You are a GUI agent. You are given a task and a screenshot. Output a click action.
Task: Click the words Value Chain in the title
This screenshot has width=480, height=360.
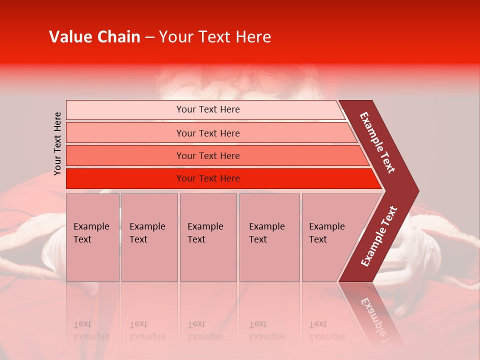(x=94, y=37)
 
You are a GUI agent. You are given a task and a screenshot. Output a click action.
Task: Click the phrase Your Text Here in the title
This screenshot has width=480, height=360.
(x=215, y=37)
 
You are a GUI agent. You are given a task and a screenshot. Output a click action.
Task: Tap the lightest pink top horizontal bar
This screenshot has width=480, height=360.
(x=205, y=109)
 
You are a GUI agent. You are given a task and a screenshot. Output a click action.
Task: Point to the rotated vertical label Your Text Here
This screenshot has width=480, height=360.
(x=57, y=143)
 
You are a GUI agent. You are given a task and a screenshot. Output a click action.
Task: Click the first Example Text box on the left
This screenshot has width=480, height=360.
(x=92, y=237)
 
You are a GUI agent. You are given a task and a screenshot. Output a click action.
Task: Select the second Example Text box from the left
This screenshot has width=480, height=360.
(x=149, y=237)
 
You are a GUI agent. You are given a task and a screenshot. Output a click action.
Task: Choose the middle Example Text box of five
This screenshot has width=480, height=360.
(x=208, y=237)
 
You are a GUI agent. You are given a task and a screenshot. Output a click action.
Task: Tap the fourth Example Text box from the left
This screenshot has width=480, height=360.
(x=269, y=237)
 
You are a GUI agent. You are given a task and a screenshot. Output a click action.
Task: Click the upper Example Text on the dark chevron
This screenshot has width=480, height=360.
(x=378, y=142)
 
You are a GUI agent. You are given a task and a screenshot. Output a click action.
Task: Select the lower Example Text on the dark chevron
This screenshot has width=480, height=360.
(x=378, y=236)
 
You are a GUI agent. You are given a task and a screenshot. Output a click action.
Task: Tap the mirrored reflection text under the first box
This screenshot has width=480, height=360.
(x=91, y=330)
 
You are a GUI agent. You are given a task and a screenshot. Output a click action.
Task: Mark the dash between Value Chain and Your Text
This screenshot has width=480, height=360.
(x=149, y=37)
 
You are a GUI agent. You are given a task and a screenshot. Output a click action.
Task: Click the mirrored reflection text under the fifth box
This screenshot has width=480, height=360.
(x=327, y=330)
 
